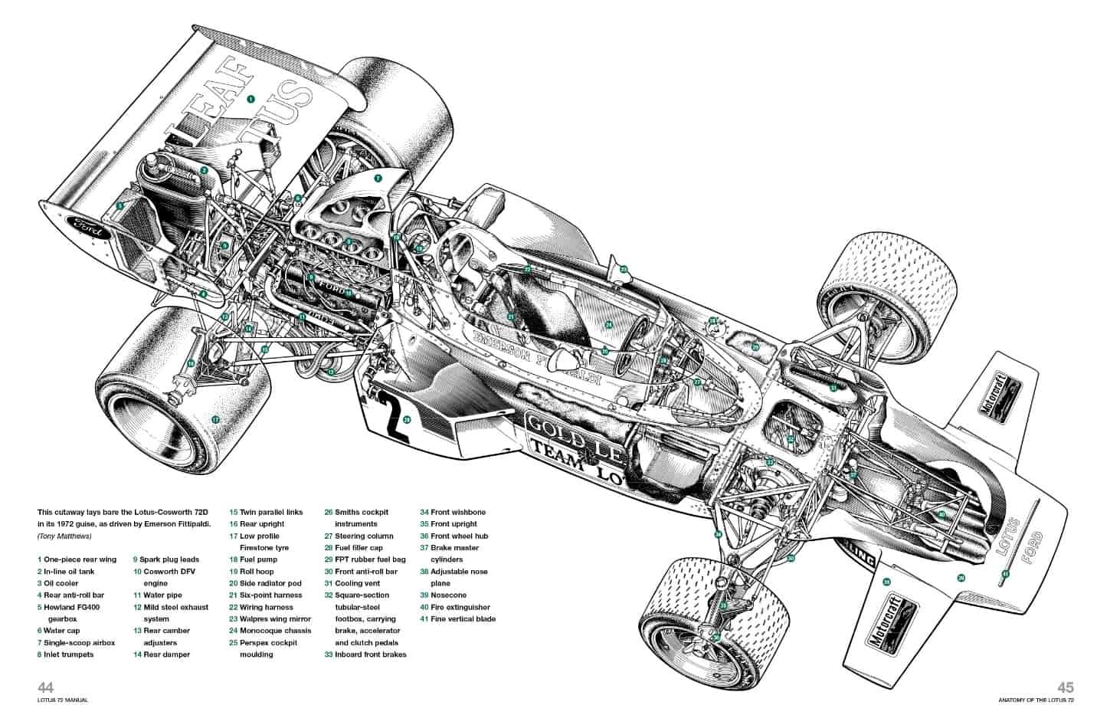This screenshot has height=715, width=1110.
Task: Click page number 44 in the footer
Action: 45,687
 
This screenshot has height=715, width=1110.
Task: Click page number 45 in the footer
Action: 1066,687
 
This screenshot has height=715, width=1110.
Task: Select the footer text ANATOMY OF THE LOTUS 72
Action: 1036,700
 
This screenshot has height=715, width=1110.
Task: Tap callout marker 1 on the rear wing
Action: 250,99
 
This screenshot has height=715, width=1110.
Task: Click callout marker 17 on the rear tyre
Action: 215,419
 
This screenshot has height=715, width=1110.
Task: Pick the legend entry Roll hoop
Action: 257,572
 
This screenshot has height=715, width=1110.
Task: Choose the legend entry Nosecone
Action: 448,595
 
